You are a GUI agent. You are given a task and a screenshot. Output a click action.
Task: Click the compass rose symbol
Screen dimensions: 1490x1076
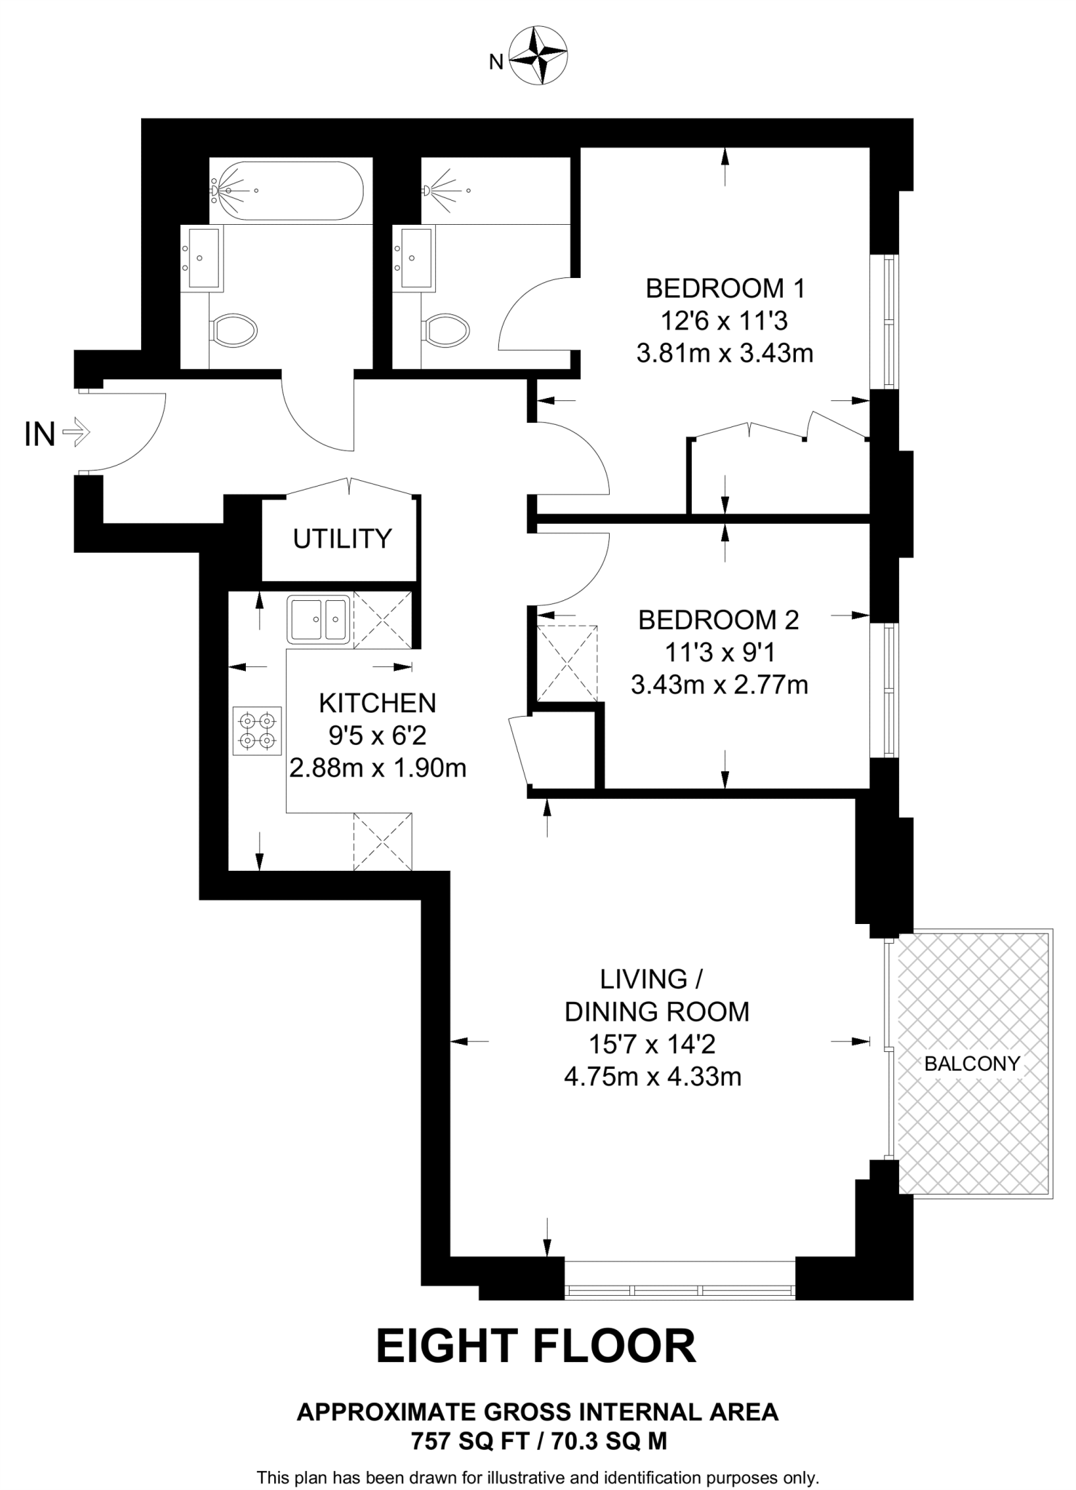[538, 55]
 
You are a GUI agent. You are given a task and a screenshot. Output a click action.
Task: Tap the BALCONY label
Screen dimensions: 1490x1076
[972, 1064]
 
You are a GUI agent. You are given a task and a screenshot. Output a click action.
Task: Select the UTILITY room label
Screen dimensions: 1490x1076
[342, 539]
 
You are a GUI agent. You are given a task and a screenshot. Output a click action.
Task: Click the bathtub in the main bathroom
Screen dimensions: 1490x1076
[286, 191]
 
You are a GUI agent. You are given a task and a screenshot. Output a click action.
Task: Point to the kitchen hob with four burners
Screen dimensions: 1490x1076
[258, 730]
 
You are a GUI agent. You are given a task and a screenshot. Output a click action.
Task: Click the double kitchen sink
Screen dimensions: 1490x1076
[318, 619]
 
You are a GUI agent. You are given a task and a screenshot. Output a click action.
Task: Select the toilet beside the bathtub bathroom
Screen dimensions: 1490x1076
[234, 331]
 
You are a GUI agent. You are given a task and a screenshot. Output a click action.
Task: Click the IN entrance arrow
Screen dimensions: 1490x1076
[76, 434]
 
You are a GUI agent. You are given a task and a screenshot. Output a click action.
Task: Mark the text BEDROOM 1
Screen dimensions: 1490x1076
[725, 289]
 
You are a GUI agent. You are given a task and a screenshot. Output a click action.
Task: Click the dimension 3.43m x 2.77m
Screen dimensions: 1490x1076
[720, 685]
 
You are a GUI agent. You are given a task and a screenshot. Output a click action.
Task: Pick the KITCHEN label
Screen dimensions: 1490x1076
[378, 704]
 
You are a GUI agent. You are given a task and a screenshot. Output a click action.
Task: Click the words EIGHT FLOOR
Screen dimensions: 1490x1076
[536, 1346]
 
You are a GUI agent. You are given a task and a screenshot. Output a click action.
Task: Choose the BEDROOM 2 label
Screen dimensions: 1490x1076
[719, 620]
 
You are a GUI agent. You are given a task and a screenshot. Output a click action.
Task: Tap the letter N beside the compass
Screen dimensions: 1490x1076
[496, 63]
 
